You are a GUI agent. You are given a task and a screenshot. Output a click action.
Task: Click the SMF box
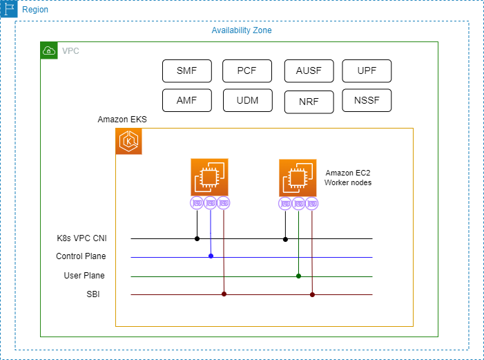tap(186, 70)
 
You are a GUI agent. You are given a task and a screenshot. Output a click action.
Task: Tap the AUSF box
tap(309, 70)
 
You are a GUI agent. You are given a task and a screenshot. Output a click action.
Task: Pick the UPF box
tap(367, 70)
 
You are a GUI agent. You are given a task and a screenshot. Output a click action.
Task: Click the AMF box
tap(186, 100)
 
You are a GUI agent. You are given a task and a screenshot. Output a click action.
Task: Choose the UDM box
tap(247, 100)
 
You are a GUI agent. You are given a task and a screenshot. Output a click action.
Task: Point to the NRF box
tap(309, 101)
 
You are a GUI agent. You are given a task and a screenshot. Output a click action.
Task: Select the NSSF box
tap(367, 100)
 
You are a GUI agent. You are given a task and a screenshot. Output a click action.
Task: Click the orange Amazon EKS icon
tap(129, 141)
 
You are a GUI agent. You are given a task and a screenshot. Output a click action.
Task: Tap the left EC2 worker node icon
tap(210, 178)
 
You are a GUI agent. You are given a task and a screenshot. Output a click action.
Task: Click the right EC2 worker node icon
tap(298, 178)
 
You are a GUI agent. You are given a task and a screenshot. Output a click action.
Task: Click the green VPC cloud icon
tap(49, 50)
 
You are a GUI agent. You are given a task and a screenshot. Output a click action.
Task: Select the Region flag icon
tap(9, 10)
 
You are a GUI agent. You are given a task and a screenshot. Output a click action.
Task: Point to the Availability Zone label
tap(242, 30)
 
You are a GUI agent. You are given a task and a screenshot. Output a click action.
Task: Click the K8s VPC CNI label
tap(81, 238)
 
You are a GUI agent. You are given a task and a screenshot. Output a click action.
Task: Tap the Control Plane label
tap(81, 256)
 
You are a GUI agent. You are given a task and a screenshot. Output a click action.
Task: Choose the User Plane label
tap(84, 276)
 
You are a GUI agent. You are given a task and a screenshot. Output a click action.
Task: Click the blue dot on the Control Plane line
tap(211, 256)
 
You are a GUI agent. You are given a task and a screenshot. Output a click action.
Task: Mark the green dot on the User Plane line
tap(298, 276)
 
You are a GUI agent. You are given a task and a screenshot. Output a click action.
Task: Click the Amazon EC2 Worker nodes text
tap(348, 178)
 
